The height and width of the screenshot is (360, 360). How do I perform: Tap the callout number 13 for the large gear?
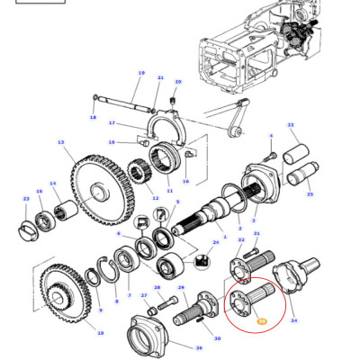tap(60, 142)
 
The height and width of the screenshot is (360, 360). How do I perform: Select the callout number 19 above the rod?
tap(141, 73)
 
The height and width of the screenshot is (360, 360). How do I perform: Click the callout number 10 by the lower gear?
tap(100, 332)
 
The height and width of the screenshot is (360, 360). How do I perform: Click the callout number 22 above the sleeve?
tap(291, 125)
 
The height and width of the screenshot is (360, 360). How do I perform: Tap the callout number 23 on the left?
tap(25, 198)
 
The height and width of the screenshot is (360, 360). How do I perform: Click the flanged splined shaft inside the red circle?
tap(252, 297)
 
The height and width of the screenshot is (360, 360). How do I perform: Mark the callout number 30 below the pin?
tap(216, 338)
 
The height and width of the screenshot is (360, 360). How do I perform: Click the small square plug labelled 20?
tap(176, 101)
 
